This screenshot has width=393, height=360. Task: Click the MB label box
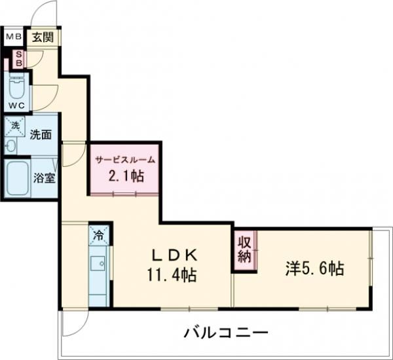coord(14,37)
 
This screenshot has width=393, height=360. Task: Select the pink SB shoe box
coord(19,60)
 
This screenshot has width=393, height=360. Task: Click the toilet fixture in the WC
coord(16,86)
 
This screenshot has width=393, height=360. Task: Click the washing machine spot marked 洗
coord(14,124)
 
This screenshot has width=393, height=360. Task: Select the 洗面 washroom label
coord(41,135)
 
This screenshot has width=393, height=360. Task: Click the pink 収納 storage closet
coord(244,249)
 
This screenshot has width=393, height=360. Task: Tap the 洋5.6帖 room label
coord(314,269)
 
